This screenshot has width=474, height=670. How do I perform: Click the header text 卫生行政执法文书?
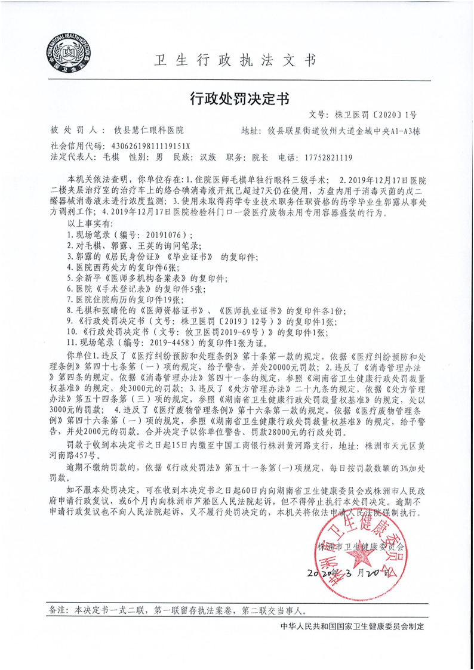(x=235, y=60)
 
